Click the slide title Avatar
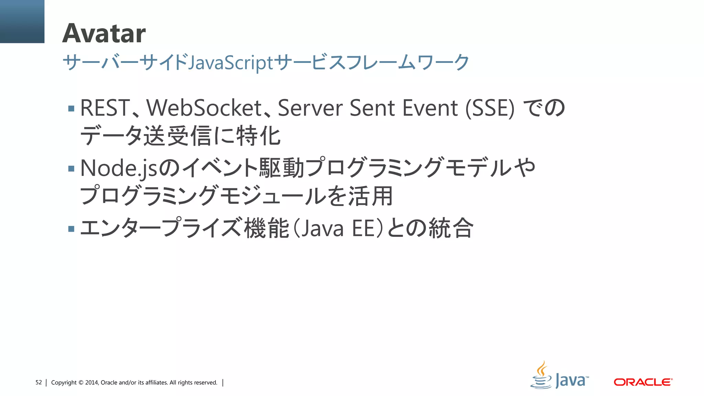tap(104, 33)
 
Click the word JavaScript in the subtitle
tap(231, 63)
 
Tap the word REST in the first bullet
tap(105, 108)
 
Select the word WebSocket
tap(204, 108)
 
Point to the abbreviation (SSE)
tap(490, 108)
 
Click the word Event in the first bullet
tap(430, 108)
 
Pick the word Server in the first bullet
tap(310, 108)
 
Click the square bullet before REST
tap(71, 109)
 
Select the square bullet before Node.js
tap(71, 169)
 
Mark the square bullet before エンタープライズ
tap(71, 229)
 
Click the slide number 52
tap(38, 383)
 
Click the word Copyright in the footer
tap(64, 383)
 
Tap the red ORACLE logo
tap(643, 382)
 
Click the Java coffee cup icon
tap(541, 375)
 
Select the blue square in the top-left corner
tap(22, 21)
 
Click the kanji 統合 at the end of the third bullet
tap(451, 229)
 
